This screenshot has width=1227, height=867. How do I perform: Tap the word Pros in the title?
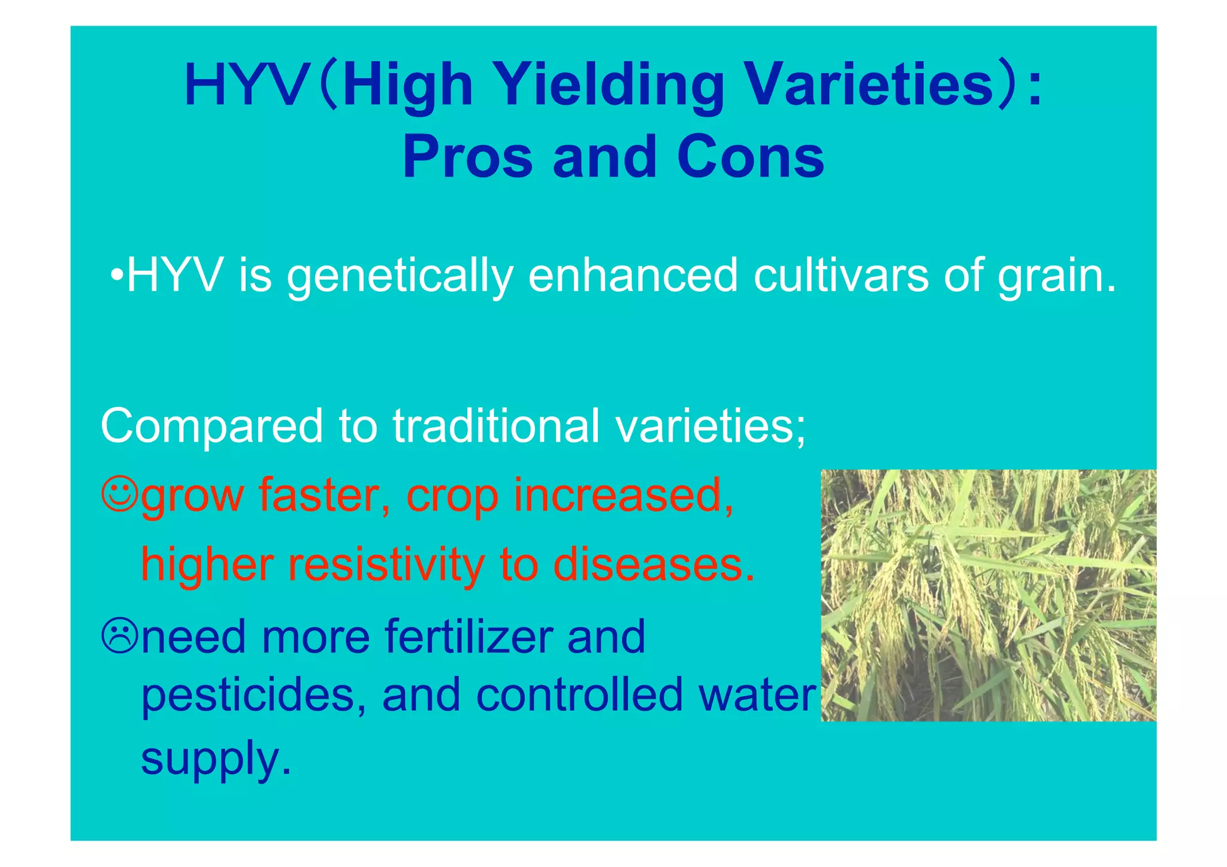tap(467, 157)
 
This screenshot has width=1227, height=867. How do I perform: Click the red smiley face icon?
tap(120, 494)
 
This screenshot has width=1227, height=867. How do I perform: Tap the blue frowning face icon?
tap(120, 636)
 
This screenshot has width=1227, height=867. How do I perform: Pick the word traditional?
tap(496, 425)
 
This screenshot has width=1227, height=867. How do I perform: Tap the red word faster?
tap(324, 496)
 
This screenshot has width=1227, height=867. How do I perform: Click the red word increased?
tap(623, 496)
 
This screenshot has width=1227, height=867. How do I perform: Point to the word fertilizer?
tap(469, 636)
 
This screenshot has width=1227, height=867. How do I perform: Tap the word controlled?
tap(579, 695)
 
